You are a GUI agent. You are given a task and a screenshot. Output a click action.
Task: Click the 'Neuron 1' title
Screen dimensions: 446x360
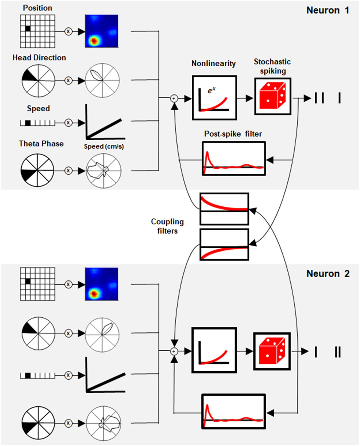(x=328, y=10)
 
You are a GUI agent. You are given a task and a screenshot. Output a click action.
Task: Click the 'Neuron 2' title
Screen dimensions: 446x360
(x=328, y=274)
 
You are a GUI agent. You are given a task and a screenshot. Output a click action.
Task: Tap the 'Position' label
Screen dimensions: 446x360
(x=37, y=8)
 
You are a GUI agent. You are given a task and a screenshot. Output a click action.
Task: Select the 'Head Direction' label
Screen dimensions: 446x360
(x=39, y=58)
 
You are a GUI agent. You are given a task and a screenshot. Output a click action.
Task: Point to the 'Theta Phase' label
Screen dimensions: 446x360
(x=41, y=144)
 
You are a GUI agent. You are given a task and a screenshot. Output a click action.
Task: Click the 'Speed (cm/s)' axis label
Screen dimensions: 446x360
(x=104, y=146)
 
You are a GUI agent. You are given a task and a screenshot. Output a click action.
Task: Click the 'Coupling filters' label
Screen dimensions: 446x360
(x=167, y=226)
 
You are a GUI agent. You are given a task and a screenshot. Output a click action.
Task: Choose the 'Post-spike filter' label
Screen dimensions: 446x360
(x=233, y=134)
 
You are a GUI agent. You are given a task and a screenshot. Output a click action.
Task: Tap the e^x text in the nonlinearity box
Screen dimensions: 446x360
(x=211, y=90)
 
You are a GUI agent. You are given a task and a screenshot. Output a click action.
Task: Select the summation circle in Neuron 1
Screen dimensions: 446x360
(x=174, y=98)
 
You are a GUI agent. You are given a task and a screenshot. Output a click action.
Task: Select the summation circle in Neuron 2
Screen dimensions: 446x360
(x=174, y=352)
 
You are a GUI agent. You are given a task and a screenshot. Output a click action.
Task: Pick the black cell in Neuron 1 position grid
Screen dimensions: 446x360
(x=28, y=28)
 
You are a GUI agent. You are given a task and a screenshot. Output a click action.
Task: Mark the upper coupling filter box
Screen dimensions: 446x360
(x=224, y=209)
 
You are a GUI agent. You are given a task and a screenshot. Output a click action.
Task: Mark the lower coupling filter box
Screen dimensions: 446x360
(x=224, y=244)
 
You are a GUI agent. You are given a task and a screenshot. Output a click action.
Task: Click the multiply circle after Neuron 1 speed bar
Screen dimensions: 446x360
(x=68, y=123)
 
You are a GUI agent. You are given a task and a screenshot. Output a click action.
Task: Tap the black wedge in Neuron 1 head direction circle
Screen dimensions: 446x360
(x=29, y=76)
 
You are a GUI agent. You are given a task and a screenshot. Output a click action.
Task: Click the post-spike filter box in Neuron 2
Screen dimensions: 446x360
(x=233, y=412)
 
